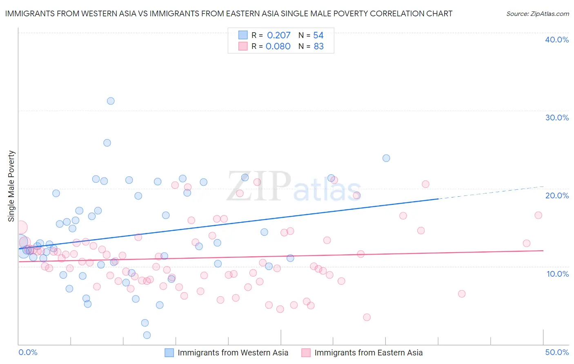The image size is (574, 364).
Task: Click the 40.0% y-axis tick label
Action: (556, 40)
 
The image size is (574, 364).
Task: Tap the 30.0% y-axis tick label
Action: (556, 118)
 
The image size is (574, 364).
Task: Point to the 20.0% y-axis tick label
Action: (556, 195)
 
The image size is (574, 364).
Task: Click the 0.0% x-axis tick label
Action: (28, 352)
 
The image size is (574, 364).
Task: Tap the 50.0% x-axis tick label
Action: (556, 352)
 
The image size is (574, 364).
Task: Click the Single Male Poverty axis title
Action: (11, 186)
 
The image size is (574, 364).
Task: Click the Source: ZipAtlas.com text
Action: (537, 13)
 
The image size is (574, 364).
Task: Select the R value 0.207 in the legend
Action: (278, 35)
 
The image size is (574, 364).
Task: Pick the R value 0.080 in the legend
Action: (278, 46)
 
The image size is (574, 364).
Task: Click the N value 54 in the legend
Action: (318, 35)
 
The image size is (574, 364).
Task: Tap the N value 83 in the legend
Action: (318, 46)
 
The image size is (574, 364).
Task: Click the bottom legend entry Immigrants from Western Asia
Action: (233, 353)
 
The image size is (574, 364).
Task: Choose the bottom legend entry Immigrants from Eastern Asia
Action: (368, 353)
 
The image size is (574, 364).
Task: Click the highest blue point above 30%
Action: (111, 101)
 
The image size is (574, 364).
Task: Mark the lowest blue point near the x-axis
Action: (147, 335)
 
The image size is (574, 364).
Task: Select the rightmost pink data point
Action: (538, 215)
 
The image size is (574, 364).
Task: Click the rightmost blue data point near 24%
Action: (386, 158)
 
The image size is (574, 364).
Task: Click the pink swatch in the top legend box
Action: (243, 46)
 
